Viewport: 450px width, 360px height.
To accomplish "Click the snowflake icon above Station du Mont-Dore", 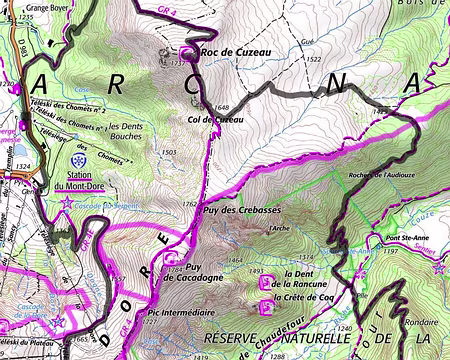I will coord(79,157).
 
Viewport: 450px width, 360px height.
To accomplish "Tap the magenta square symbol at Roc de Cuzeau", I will coord(187,52).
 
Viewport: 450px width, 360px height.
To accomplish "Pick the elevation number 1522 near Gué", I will coord(313,60).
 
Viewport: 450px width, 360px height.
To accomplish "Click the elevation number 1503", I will coord(169,152).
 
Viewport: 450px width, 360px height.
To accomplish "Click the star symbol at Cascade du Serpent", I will coord(67,203).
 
